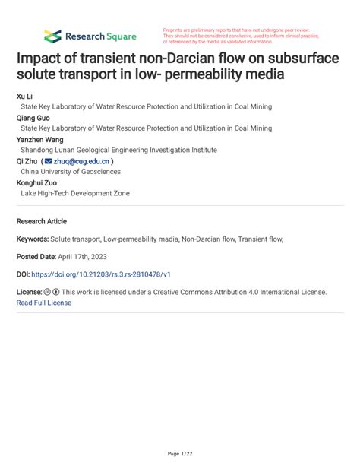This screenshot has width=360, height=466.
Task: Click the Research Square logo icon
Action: [x=52, y=36]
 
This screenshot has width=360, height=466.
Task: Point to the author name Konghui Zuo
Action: [x=36, y=182]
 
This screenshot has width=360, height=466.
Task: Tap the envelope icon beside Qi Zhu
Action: [x=49, y=161]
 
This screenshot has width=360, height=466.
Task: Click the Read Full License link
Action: [x=44, y=303]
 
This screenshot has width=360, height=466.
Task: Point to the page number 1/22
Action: [x=179, y=454]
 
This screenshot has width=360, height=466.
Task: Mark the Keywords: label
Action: [x=36, y=239]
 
